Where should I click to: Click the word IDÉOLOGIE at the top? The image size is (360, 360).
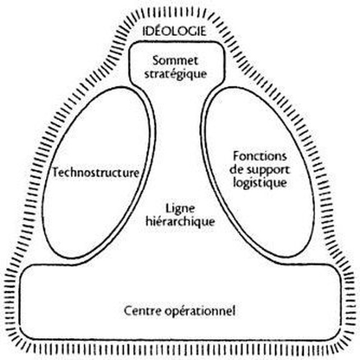pyautogui.click(x=174, y=31)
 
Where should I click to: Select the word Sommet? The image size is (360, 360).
pyautogui.click(x=175, y=61)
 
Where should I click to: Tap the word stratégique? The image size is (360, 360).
pyautogui.click(x=175, y=74)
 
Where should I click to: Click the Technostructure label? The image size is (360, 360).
pyautogui.click(x=96, y=172)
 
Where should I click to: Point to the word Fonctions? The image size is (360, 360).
pyautogui.click(x=260, y=156)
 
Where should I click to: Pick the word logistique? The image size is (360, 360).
pyautogui.click(x=260, y=183)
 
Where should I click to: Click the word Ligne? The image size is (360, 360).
pyautogui.click(x=180, y=209)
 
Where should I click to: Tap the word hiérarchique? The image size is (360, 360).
pyautogui.click(x=181, y=222)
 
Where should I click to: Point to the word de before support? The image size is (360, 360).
pyautogui.click(x=236, y=170)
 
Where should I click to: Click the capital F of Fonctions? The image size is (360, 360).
pyautogui.click(x=236, y=156)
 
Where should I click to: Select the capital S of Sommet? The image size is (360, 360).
pyautogui.click(x=156, y=61)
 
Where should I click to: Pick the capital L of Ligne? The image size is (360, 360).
pyautogui.click(x=169, y=208)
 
